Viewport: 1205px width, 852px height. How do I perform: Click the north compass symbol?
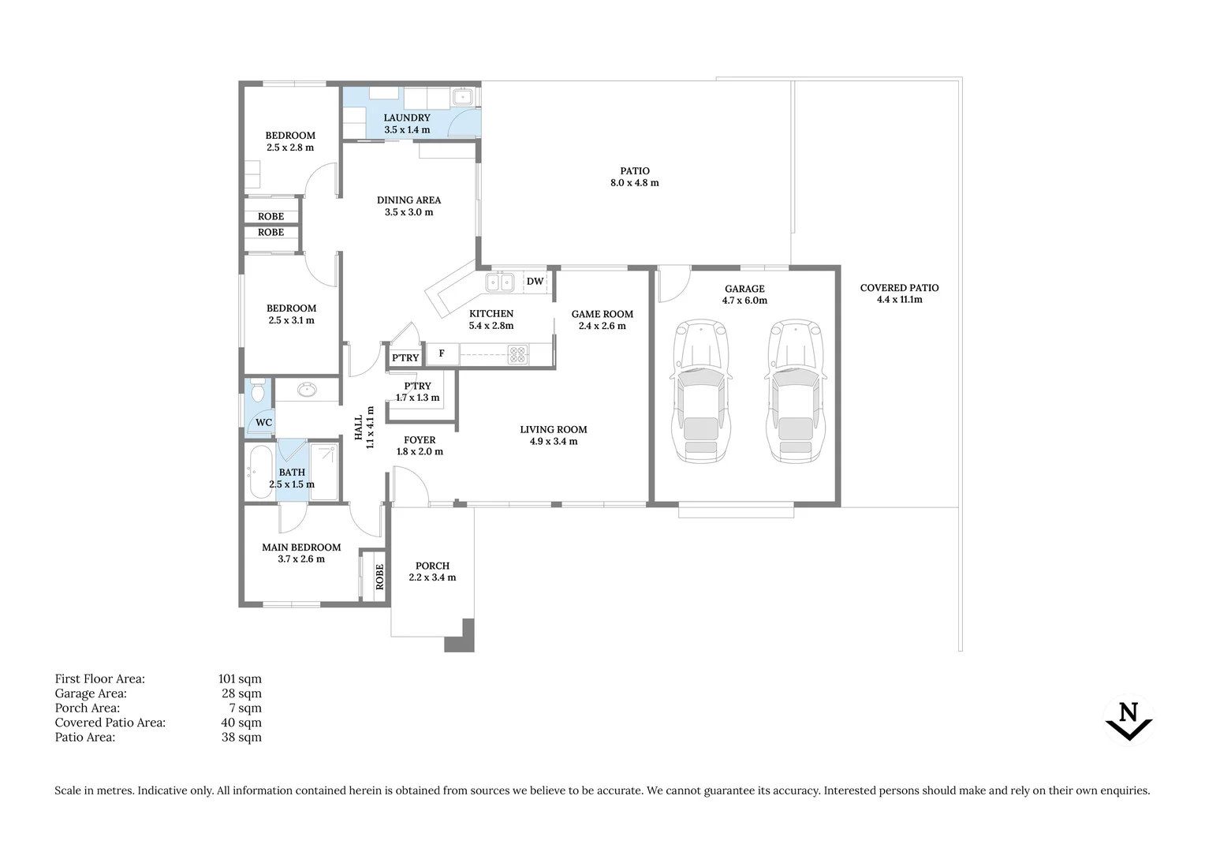[x=1129, y=720]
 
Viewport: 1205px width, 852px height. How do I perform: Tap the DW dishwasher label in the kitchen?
[x=535, y=282]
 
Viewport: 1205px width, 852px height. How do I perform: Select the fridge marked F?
[x=442, y=353]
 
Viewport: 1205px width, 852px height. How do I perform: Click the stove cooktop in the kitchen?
[x=517, y=355]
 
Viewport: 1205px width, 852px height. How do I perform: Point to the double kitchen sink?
[x=500, y=282]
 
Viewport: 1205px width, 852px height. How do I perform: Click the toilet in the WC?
[x=258, y=390]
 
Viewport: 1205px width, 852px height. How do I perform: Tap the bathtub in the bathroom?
[x=261, y=472]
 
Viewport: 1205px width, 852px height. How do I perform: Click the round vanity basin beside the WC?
[x=308, y=389]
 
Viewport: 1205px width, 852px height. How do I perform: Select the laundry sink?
[x=462, y=97]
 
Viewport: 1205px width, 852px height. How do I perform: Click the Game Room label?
[x=602, y=314]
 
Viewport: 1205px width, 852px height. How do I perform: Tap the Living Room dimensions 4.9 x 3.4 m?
[x=554, y=441]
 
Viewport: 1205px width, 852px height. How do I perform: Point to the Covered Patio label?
[x=900, y=288]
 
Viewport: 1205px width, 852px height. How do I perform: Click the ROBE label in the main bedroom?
[x=380, y=577]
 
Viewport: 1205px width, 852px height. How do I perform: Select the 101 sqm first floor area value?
[x=240, y=678]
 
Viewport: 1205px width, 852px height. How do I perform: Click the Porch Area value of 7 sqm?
[x=245, y=708]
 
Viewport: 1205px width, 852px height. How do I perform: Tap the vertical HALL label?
[x=359, y=428]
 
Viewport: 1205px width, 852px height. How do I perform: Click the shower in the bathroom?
[x=324, y=472]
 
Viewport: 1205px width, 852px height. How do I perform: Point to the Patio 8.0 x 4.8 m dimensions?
[x=635, y=183]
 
